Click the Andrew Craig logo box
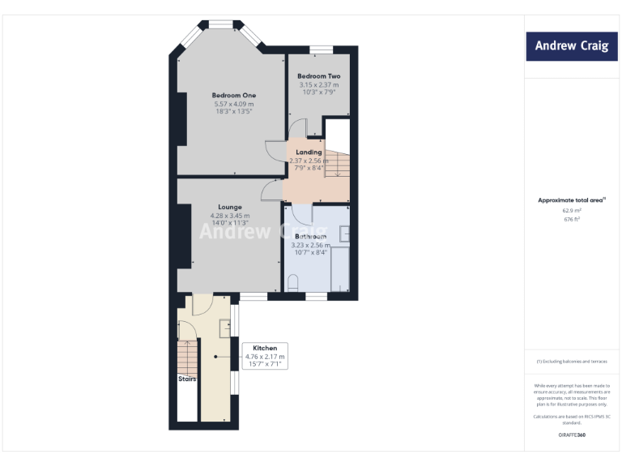point(571,46)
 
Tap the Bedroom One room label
point(233,96)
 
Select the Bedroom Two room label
point(318,76)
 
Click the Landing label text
point(309,152)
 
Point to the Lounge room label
point(230,207)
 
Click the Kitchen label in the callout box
point(265,348)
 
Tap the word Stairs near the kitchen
point(187,379)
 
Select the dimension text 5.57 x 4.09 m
point(233,104)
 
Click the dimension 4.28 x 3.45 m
point(230,216)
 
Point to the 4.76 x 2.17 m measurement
point(265,357)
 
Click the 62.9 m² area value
point(571,210)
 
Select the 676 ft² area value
point(571,218)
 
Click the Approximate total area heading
point(571,199)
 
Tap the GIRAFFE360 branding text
point(571,435)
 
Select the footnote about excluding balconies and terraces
point(571,361)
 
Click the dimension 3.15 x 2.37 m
point(318,84)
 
